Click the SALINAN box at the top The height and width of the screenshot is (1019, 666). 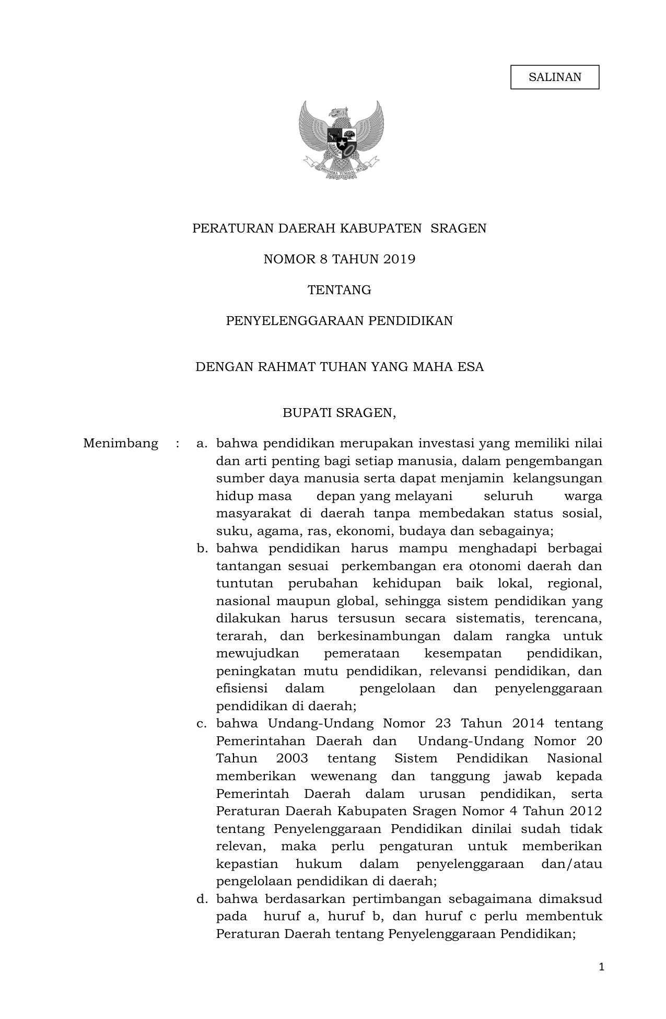point(554,77)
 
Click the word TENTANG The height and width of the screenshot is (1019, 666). point(339,290)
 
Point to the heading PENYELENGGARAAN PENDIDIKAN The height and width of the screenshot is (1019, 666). point(339,321)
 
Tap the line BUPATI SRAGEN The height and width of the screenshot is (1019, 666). point(339,413)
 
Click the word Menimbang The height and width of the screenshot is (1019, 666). point(121,444)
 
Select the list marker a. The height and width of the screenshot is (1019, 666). point(202,444)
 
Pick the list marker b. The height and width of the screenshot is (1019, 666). point(202,549)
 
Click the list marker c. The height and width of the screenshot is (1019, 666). point(202,724)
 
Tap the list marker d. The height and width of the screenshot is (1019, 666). point(202,899)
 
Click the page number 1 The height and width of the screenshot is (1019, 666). point(601,967)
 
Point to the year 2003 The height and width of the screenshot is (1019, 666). point(292,759)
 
